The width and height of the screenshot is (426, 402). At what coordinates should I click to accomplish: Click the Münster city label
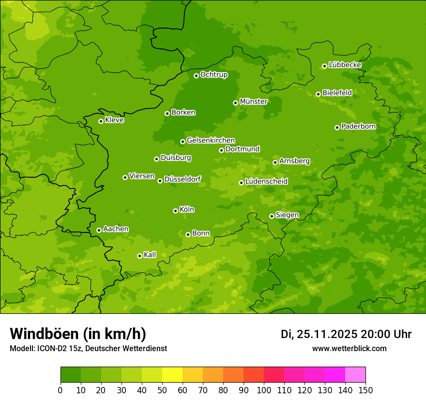coord(253,102)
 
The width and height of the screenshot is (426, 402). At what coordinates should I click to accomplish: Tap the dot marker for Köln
coord(175,211)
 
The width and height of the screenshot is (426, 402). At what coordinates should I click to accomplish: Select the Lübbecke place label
coord(345,65)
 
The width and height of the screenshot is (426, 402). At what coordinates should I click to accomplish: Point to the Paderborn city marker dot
coord(337,127)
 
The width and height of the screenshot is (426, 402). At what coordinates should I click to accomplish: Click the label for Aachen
coord(116,229)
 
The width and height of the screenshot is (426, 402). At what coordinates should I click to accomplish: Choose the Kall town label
coord(150,255)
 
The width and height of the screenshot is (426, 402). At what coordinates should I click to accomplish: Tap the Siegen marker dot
coord(272,216)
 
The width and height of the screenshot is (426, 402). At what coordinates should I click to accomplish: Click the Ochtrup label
coord(213,75)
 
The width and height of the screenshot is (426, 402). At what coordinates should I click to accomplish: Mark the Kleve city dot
coord(101,121)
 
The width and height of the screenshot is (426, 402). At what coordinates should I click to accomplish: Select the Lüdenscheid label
coord(266,182)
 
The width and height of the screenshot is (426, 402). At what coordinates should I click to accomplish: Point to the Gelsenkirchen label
coord(211,140)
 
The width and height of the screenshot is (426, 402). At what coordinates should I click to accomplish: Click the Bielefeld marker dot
coord(318,94)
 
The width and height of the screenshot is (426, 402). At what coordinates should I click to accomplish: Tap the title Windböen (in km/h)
coord(78,334)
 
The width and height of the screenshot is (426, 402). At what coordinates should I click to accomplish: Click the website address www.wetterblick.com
coord(349,349)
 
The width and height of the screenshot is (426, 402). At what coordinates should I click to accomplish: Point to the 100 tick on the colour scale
coord(264,390)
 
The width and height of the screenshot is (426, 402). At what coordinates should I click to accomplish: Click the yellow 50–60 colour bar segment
coord(172,375)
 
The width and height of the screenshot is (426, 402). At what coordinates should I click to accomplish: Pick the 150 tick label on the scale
coord(365,390)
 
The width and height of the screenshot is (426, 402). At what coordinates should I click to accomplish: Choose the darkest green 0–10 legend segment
coord(71,375)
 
